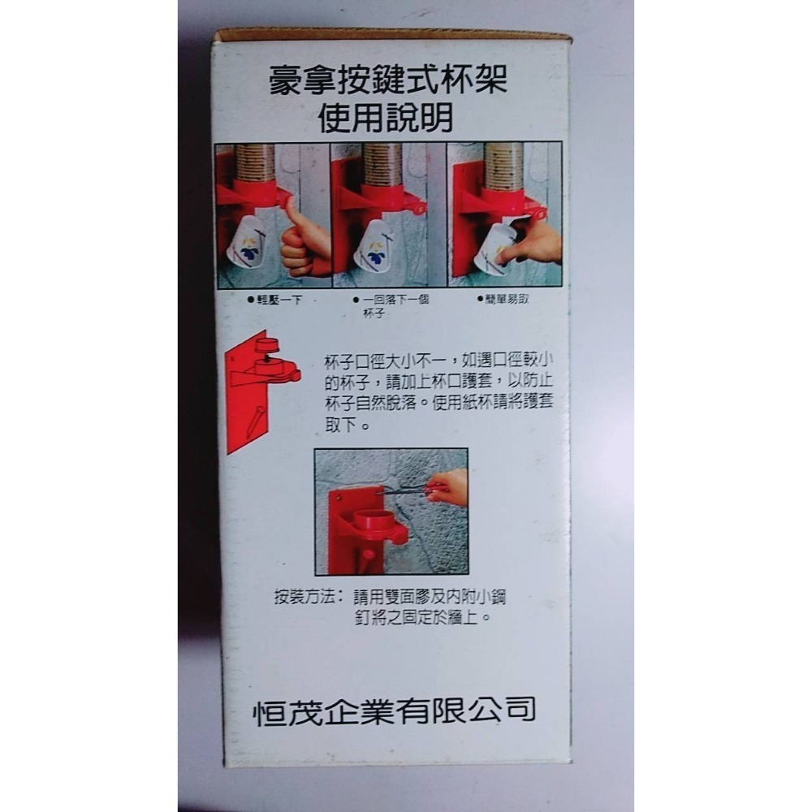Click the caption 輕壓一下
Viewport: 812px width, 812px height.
click(276, 300)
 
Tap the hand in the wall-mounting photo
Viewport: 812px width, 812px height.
click(451, 487)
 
